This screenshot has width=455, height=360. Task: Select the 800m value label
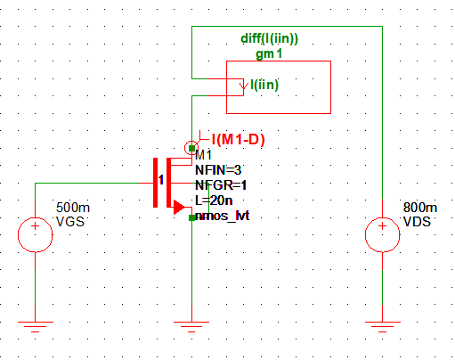(418, 207)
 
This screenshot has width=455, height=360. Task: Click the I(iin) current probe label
(266, 85)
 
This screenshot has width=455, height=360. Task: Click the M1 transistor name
(203, 154)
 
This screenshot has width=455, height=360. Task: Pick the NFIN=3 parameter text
(218, 169)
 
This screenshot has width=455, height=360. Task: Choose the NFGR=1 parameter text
(221, 184)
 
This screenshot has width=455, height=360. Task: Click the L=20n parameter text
(214, 200)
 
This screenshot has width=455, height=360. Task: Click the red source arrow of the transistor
(179, 207)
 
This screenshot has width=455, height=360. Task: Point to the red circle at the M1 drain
(191, 146)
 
